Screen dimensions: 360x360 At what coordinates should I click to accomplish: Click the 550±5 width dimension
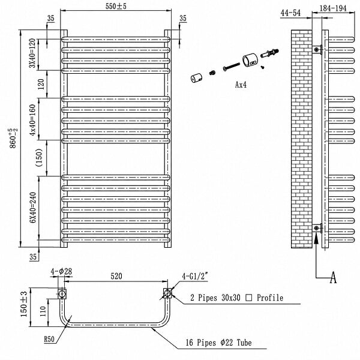(116, 6)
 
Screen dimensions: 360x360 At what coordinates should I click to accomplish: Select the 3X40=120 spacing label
(33, 53)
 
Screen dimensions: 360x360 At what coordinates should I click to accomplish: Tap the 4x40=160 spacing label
(33, 120)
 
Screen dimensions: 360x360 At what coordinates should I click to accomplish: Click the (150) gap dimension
(39, 157)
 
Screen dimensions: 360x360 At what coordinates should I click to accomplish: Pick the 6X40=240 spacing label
(33, 208)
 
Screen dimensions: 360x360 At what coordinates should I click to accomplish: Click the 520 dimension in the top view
(116, 276)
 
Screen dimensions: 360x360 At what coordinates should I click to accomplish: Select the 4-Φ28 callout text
(61, 271)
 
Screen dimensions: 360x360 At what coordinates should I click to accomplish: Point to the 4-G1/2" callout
(195, 276)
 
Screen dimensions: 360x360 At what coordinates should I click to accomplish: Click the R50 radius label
(49, 339)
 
